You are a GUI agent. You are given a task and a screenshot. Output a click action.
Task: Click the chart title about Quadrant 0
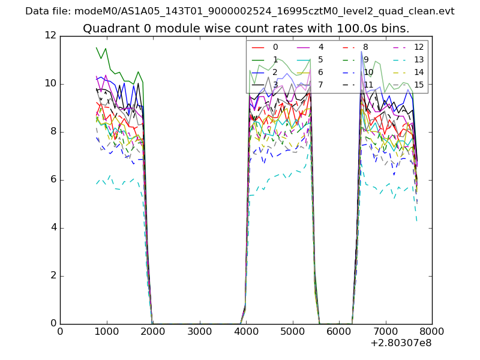tap(246, 28)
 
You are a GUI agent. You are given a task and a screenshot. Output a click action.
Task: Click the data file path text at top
tap(240, 11)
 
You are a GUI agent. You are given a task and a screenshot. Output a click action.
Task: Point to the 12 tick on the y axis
tap(52, 35)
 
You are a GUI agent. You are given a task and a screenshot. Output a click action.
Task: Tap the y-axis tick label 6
tap(54, 179)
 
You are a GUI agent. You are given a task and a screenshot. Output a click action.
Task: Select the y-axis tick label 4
tap(54, 227)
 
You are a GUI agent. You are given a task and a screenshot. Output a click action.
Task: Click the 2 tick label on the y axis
tap(54, 275)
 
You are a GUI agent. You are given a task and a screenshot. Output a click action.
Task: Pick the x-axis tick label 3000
tap(199, 331)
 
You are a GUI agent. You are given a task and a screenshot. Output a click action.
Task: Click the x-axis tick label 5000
tap(292, 331)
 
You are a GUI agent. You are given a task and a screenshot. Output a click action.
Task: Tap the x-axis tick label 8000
tap(431, 331)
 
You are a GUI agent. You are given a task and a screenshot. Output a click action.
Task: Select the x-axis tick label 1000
tap(106, 331)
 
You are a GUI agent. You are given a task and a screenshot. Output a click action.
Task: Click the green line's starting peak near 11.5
tap(97, 47)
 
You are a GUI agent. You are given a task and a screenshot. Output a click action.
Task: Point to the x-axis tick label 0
tap(60, 331)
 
